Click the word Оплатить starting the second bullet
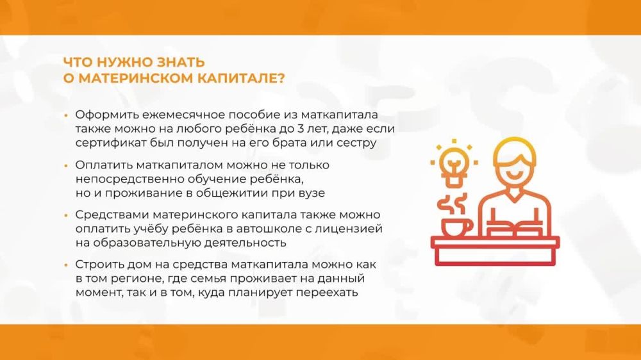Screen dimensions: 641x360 pyautogui.click(x=104, y=165)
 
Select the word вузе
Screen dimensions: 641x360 pyautogui.click(x=311, y=193)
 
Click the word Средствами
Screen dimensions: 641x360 pyautogui.click(x=110, y=215)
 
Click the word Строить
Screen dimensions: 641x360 pyautogui.click(x=99, y=265)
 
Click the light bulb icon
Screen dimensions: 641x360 pyautogui.click(x=454, y=163)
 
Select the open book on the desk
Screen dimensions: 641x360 pyautogui.click(x=515, y=227)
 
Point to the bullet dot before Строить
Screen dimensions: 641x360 pyautogui.click(x=66, y=265)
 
